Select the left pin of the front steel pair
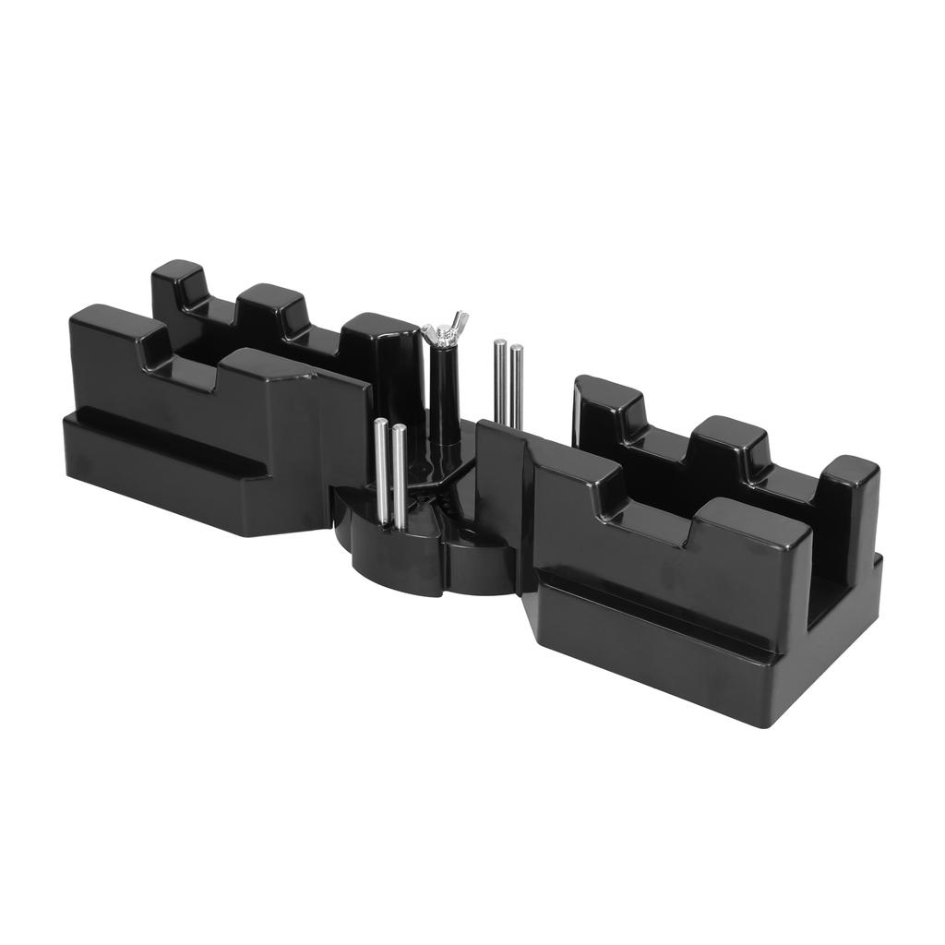[381, 471]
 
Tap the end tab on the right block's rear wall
[849, 480]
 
